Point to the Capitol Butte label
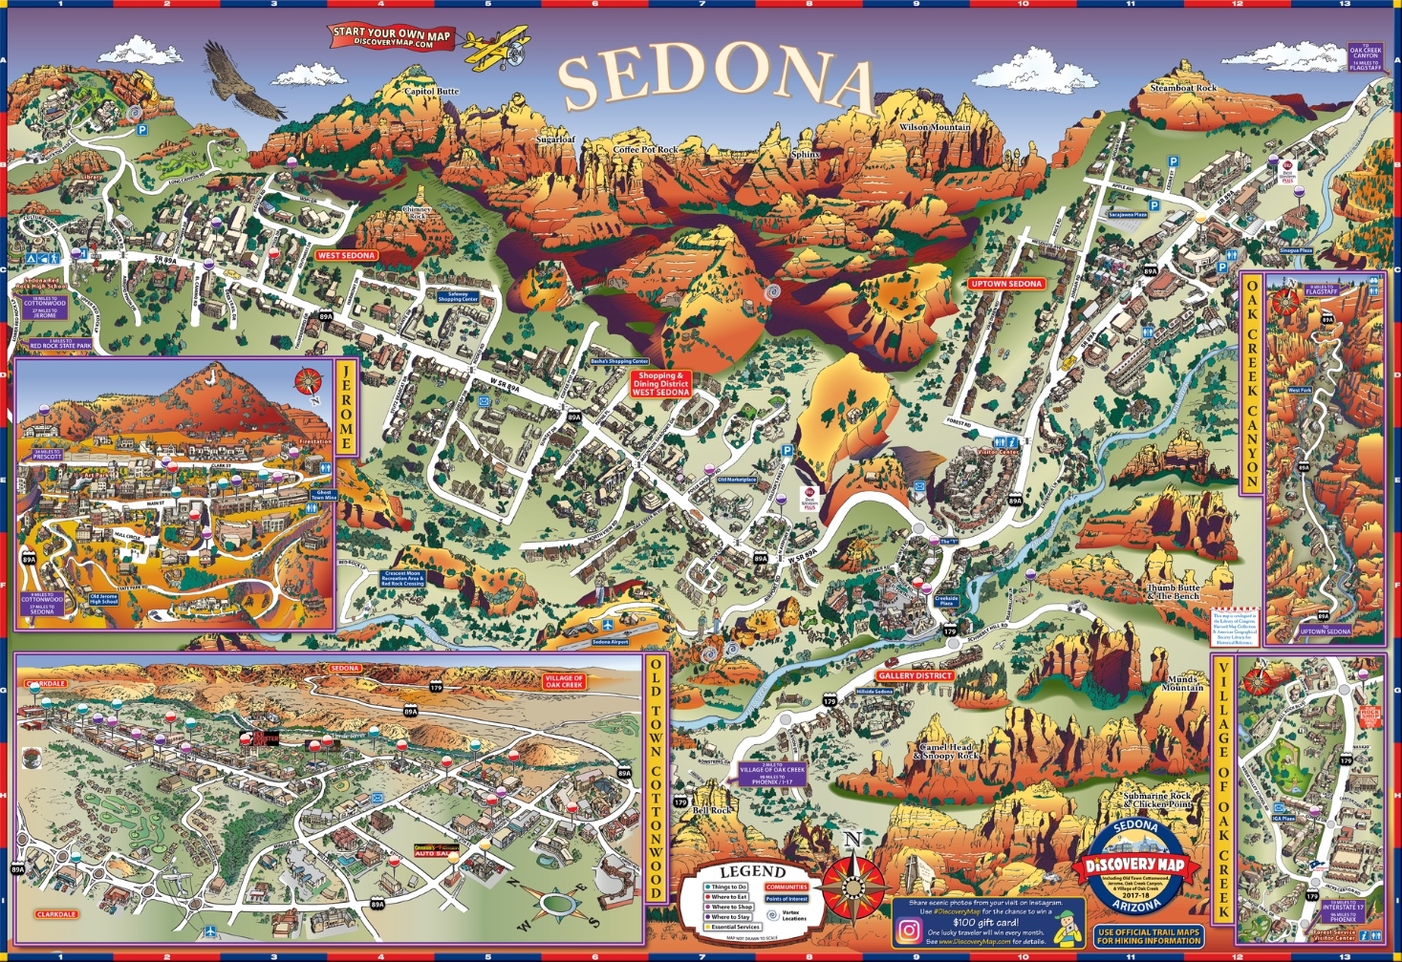tap(432, 92)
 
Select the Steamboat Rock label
tap(1183, 88)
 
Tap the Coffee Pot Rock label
tap(645, 150)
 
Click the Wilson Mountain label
tap(934, 127)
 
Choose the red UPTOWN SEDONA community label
tap(1006, 284)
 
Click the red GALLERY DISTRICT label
tap(915, 675)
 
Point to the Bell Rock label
tap(712, 810)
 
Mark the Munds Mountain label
tap(1181, 683)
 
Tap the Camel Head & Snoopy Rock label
tap(946, 752)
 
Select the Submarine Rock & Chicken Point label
tap(1157, 800)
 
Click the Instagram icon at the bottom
tap(909, 929)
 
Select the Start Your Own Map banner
tap(391, 37)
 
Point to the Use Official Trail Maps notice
tap(1148, 936)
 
